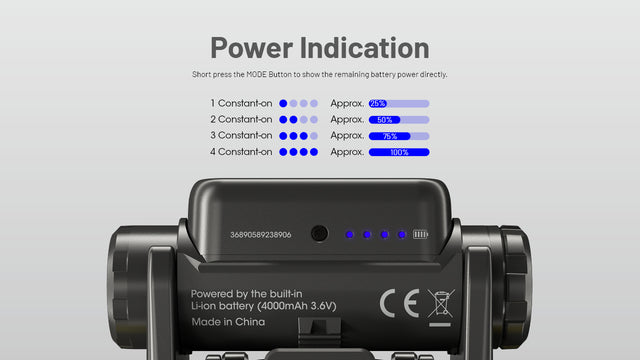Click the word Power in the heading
point(252,49)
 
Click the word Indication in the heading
point(364,48)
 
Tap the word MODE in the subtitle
point(256,74)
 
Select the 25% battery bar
point(399,104)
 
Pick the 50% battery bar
point(399,120)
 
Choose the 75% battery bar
point(399,136)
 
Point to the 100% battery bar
point(399,152)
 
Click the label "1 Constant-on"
point(241,103)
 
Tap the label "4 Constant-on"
point(241,152)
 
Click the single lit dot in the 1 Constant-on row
point(283,104)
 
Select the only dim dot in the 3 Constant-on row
point(313,136)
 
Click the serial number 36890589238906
point(261,235)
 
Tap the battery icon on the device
point(420,234)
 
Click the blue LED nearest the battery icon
point(402,235)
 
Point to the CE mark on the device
point(400,303)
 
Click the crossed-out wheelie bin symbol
point(441,304)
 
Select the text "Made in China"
point(228,322)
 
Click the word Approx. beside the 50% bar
point(347,120)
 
